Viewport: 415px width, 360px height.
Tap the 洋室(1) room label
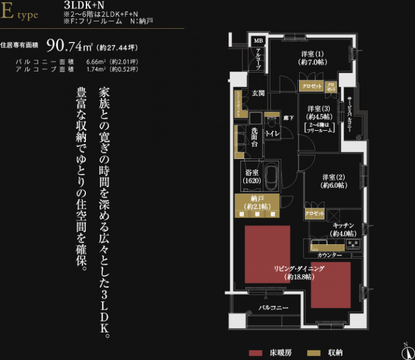tap(313, 58)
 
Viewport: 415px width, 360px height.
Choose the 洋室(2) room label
tap(333, 181)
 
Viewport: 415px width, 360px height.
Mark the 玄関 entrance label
tap(258, 94)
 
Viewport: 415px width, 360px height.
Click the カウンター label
tap(330, 256)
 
